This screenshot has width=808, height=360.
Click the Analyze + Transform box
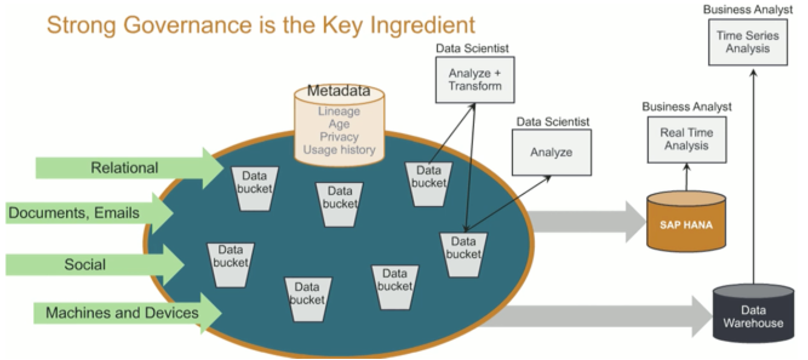(x=475, y=79)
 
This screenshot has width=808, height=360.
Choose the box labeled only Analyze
(x=551, y=152)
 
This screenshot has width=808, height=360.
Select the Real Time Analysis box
(x=686, y=139)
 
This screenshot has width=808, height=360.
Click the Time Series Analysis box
(x=747, y=42)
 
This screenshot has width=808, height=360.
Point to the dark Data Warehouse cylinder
(x=753, y=315)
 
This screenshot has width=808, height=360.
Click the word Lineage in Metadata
(x=339, y=112)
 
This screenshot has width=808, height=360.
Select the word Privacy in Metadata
(x=339, y=137)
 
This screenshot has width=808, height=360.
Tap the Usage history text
(x=339, y=150)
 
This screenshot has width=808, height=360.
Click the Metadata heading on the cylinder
(x=339, y=92)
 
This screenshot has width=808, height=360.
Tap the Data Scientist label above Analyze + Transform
(x=472, y=48)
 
